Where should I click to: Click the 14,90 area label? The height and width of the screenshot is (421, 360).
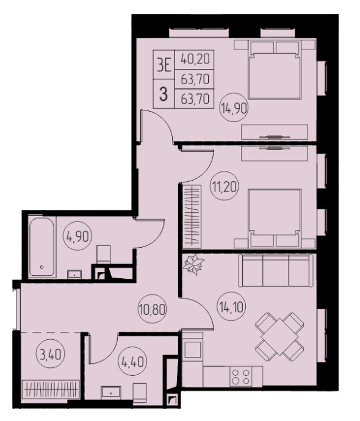(x=234, y=109)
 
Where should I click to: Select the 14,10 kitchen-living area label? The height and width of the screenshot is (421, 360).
(x=231, y=306)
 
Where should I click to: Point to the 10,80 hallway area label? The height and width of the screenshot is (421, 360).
(x=153, y=309)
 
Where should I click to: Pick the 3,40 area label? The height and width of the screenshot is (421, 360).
(x=51, y=354)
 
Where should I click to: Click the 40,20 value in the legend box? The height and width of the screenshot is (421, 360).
(x=195, y=59)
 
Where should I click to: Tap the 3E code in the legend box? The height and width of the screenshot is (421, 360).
(x=164, y=65)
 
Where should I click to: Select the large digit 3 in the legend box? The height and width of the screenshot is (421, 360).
(x=164, y=95)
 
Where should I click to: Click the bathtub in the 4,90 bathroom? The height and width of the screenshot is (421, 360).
(x=42, y=247)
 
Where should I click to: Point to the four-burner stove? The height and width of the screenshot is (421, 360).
(x=240, y=376)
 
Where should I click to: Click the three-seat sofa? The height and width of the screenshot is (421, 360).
(x=276, y=271)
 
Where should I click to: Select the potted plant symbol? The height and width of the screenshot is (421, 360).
(x=193, y=264)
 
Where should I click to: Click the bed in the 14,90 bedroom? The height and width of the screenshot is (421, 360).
(x=275, y=70)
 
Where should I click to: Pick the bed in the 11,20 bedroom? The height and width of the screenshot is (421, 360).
(x=275, y=218)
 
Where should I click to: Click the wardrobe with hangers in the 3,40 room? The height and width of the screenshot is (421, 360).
(x=51, y=389)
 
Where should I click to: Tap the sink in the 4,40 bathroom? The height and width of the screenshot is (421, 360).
(x=111, y=393)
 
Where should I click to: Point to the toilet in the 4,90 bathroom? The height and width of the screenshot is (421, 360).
(x=103, y=254)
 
